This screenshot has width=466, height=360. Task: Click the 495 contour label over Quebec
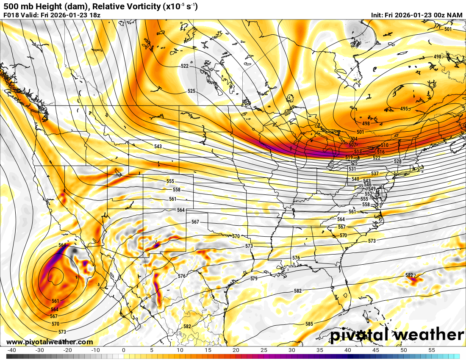coord(404,109)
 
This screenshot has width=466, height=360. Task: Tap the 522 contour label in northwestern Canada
coord(185,66)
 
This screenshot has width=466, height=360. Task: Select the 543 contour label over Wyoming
coord(158,146)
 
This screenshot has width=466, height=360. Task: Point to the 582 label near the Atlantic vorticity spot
coord(409,275)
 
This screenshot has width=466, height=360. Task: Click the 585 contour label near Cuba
coord(309,324)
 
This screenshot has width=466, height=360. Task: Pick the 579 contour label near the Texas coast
coord(254,279)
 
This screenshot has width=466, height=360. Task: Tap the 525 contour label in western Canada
coord(191,91)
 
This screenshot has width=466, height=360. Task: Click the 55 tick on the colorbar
coord(432,350)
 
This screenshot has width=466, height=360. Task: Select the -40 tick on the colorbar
coord(12,350)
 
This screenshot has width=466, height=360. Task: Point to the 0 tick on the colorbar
coord(124,350)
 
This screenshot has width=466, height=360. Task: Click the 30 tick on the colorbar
coord(292,350)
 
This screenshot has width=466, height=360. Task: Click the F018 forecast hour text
coord(11,15)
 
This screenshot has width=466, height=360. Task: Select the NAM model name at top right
coord(455,15)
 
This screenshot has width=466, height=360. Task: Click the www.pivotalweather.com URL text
coord(50,342)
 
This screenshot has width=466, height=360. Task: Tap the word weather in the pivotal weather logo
coord(428,335)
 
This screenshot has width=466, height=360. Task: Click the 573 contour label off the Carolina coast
coord(372,241)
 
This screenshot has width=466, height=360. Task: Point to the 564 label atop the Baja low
coord(62,245)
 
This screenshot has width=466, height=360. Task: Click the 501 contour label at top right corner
coord(448,29)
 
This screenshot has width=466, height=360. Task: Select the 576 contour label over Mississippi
coord(296,258)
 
